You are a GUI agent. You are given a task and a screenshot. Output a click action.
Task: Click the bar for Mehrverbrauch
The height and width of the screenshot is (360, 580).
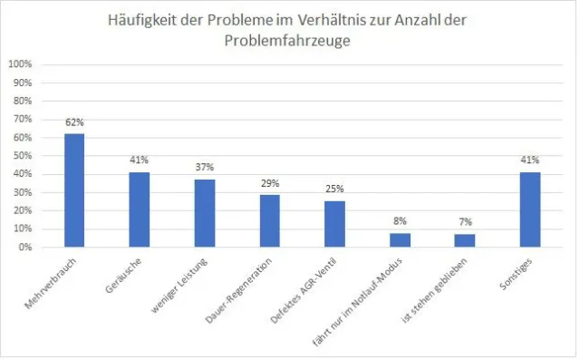73,190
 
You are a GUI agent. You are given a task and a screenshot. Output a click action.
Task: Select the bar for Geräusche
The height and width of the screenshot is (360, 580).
139,209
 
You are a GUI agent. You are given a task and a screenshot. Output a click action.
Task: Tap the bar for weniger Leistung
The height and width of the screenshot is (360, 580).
204,213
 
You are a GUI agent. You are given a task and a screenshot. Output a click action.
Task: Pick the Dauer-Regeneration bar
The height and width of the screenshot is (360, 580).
269,220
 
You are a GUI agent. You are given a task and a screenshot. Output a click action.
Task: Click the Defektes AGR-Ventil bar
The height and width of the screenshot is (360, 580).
334,224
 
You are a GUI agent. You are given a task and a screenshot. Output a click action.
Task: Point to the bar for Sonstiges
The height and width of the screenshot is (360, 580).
530,209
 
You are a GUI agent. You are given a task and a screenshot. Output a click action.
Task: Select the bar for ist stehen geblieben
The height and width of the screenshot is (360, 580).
465,240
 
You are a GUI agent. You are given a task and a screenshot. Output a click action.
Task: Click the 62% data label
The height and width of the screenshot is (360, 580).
73,122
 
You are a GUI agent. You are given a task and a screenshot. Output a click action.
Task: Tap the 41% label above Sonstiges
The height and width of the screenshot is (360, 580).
530,161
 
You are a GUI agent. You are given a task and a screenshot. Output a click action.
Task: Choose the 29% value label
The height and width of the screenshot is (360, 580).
269,183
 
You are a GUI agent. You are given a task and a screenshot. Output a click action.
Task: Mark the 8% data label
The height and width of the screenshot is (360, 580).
400,220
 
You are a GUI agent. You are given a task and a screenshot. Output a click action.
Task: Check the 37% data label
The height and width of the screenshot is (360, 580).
204,168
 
